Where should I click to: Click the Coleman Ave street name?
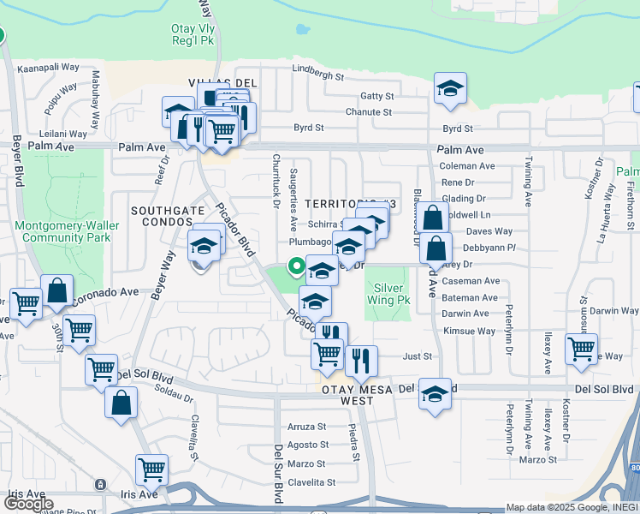click(466, 166)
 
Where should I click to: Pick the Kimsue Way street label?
click(469, 331)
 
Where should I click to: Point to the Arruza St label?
click(307, 426)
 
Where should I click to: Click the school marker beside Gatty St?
click(449, 90)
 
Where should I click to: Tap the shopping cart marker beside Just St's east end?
click(581, 349)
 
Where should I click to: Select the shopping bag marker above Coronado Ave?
click(56, 290)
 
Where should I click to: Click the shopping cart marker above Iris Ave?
click(151, 469)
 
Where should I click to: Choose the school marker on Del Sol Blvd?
click(436, 395)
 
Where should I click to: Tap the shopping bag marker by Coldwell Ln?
click(434, 218)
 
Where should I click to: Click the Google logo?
click(28, 504)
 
